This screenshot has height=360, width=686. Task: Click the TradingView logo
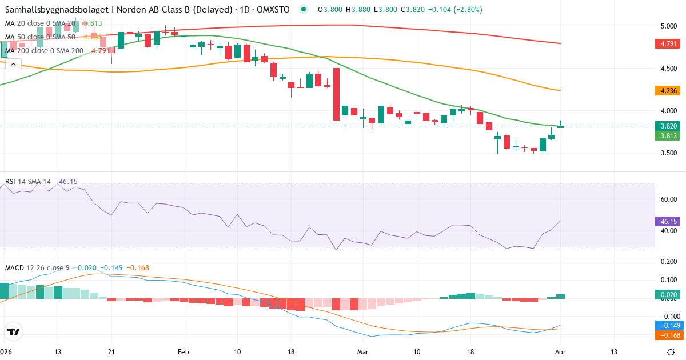point(13,331)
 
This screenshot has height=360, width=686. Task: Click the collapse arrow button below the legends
point(13,65)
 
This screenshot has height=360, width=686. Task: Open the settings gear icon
point(672,351)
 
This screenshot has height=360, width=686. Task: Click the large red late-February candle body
point(336,94)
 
